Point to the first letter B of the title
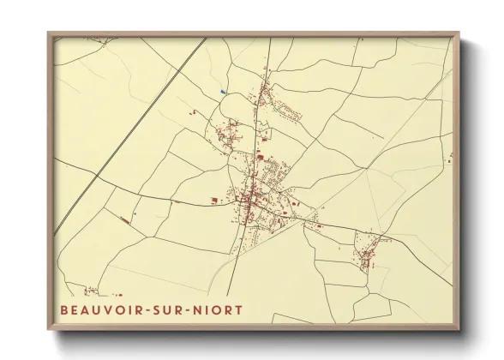click(x=63, y=309)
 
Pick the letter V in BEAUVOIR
click(x=102, y=309)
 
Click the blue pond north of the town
click(x=223, y=92)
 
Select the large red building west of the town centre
click(x=212, y=202)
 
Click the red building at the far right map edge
click(x=450, y=156)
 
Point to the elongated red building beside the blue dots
click(x=125, y=220)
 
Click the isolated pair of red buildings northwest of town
click(x=195, y=112)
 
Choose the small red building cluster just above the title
click(x=89, y=291)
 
